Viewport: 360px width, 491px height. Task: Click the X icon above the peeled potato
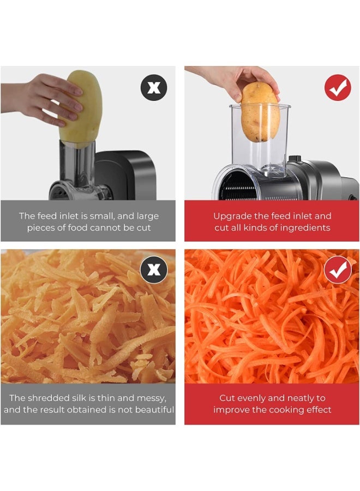pos(153,87)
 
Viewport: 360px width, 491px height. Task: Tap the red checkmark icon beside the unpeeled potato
pos(338,87)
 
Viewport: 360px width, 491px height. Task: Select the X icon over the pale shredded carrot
pos(153,270)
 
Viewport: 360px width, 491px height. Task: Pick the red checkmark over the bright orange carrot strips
pos(338,270)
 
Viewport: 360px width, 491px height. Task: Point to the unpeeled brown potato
pos(260,112)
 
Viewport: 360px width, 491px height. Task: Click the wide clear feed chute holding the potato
pos(260,138)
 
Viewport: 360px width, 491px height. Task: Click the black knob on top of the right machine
pos(294,159)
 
